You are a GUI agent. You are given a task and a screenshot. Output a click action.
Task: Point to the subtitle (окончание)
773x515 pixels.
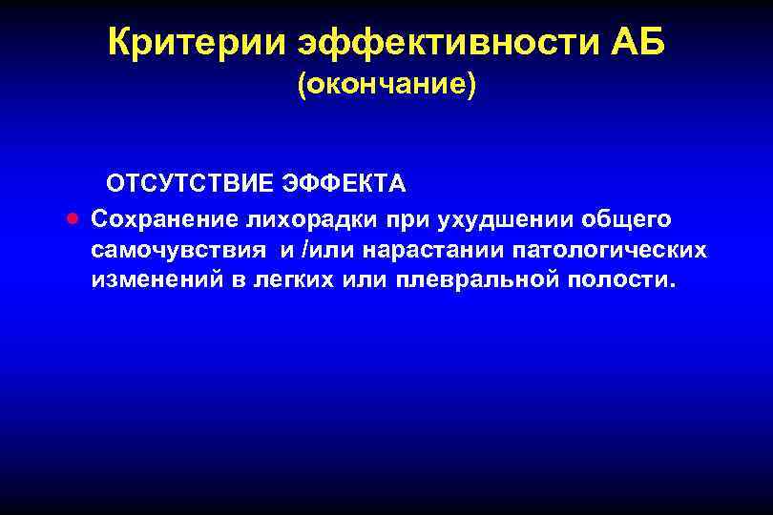tap(386, 86)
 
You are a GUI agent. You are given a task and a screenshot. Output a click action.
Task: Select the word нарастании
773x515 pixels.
tap(430, 251)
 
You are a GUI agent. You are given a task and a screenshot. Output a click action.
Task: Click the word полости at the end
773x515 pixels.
tap(626, 281)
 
